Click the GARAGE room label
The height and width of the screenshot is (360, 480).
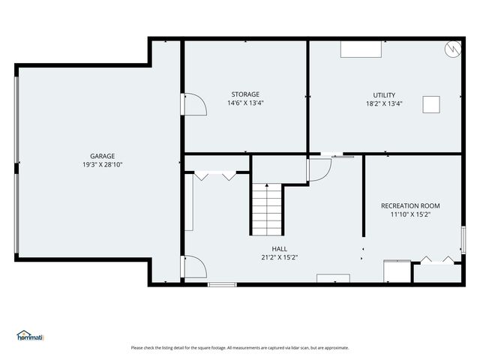tap(103, 156)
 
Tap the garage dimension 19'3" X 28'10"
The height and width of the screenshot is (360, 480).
tap(103, 165)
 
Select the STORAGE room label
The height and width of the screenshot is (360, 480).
tap(245, 94)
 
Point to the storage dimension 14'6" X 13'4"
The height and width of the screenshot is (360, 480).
tap(245, 103)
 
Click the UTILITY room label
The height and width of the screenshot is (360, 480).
tap(384, 95)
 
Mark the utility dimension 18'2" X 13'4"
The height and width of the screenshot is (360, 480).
tap(384, 103)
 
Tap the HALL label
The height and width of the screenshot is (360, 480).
tap(280, 249)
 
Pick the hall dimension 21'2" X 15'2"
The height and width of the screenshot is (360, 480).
tap(280, 257)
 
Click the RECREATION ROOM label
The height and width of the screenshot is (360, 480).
tap(410, 206)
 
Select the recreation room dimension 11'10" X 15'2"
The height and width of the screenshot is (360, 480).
tap(410, 214)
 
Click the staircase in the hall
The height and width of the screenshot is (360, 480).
tap(267, 210)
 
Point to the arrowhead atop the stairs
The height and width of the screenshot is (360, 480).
tap(267, 185)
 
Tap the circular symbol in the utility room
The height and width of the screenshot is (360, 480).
tap(453, 49)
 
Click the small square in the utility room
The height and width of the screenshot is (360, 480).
tap(431, 104)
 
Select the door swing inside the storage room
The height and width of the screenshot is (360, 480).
tap(195, 104)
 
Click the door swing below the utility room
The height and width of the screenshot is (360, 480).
tap(320, 170)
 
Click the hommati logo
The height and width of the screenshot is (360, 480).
tap(30, 335)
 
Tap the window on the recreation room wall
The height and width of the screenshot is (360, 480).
tap(463, 240)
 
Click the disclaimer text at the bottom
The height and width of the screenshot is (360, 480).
tap(240, 348)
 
